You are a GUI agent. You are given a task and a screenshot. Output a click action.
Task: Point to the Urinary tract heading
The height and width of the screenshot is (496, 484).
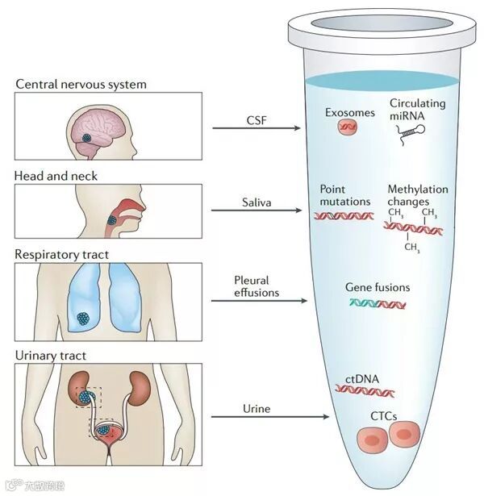coord(49,354)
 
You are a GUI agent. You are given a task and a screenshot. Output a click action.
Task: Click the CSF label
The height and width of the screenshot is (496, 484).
coord(256,120)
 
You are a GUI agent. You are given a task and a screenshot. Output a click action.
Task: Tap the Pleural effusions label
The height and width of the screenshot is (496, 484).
coord(256,286)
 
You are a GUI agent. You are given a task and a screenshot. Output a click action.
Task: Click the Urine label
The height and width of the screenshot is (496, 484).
coord(256,409)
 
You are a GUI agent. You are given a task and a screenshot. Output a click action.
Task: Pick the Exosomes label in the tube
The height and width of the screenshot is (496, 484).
coord(350,113)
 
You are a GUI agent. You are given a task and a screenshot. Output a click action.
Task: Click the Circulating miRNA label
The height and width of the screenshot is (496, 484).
coord(417,110)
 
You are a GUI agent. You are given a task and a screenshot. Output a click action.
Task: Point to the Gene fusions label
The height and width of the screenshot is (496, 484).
coord(378,287)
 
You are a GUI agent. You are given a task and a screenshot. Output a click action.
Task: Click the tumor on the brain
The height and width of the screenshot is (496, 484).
coord(88,138)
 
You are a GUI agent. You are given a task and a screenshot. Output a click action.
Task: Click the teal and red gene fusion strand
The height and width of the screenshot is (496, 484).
coord(378,304)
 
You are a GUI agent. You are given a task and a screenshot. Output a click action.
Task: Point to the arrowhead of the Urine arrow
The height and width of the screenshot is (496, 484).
coord(327,417)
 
